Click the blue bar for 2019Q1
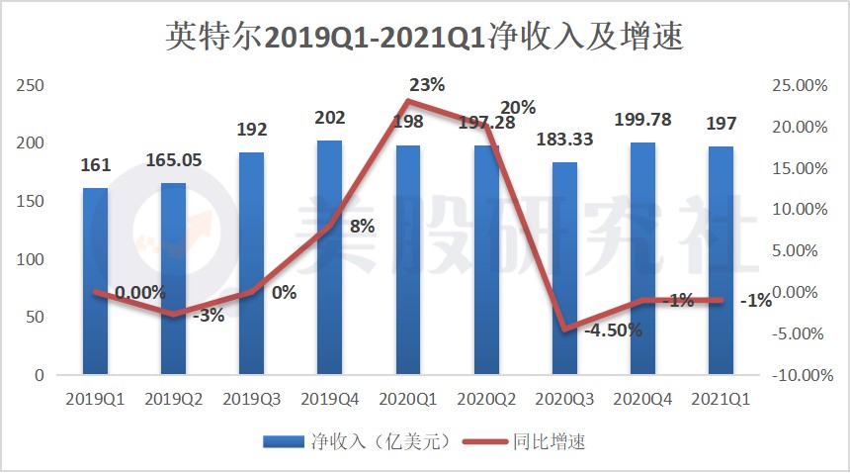(95, 282)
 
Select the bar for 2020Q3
(564, 269)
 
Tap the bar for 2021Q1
(721, 261)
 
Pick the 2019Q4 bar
(329, 258)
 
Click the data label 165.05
(174, 159)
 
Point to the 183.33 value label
(564, 140)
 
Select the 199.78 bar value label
(642, 120)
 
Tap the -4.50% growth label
(613, 331)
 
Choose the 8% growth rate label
(362, 226)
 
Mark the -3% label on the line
(209, 316)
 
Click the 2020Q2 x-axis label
(486, 400)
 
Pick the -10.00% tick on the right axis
(799, 375)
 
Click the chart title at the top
(424, 37)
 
